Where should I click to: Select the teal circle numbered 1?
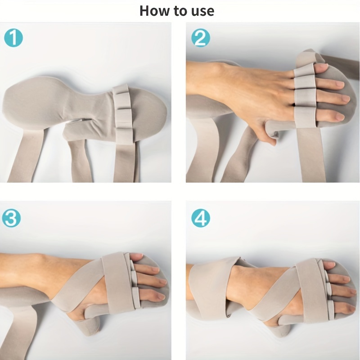click(13, 38)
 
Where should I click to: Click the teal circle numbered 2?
click(201, 38)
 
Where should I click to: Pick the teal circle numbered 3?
click(11, 218)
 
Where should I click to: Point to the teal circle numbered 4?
click(201, 218)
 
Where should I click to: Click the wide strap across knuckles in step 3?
click(118, 283)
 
